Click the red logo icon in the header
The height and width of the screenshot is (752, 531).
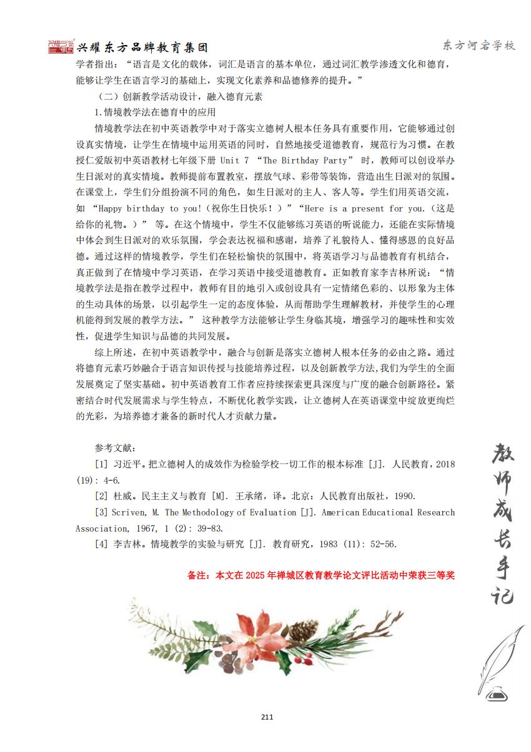click(x=61, y=47)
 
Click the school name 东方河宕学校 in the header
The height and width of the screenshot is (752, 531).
click(x=479, y=46)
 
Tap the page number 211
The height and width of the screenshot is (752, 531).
click(x=267, y=716)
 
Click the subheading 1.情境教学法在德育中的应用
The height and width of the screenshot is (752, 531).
click(x=154, y=112)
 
